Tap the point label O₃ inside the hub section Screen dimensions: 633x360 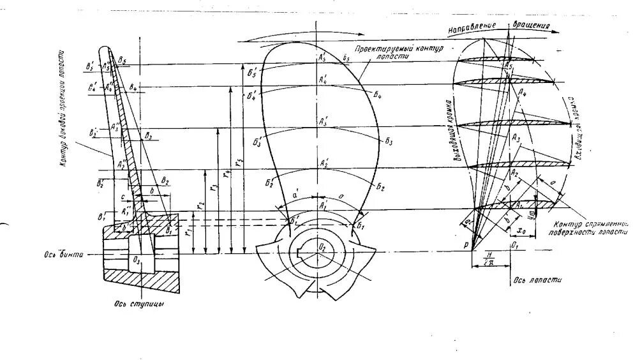click(136, 259)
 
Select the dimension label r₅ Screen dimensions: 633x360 click(239, 163)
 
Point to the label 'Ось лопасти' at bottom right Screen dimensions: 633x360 click(530, 280)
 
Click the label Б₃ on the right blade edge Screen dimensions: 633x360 click(389, 140)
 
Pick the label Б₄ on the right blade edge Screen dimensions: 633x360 click(378, 94)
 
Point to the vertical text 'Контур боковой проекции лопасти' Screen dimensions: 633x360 click(64, 109)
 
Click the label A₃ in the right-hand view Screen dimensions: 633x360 click(516, 137)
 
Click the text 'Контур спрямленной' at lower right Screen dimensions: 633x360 click(592, 224)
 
